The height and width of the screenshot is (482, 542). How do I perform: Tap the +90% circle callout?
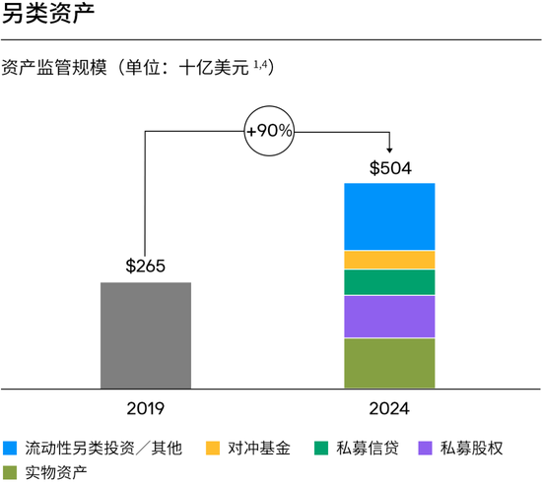[270, 131]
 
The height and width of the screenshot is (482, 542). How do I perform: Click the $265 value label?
[145, 267]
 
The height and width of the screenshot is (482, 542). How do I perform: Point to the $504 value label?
[389, 167]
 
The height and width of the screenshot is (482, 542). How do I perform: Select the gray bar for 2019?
[146, 335]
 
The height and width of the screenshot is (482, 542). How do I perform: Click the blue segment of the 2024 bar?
[389, 216]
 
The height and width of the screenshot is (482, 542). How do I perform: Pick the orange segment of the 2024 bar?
[389, 260]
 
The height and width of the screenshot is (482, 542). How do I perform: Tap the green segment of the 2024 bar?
[389, 282]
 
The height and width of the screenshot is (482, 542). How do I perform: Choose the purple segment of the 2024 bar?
[389, 317]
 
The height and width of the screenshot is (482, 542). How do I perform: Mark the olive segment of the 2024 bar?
[389, 363]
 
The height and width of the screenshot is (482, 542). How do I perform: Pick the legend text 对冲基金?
[256, 448]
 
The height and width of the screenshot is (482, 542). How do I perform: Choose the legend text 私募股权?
[472, 448]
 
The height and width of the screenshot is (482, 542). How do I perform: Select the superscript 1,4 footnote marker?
[260, 64]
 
